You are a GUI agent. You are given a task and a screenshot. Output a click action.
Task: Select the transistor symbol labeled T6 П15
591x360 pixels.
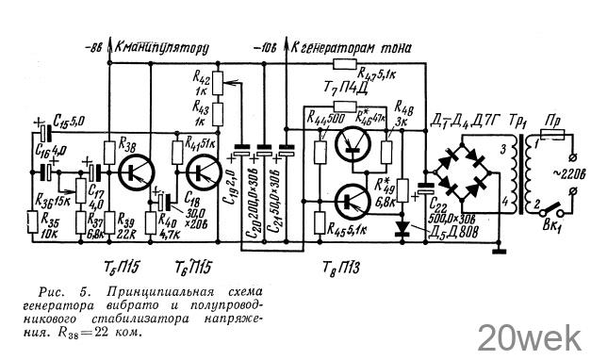tap(202, 172)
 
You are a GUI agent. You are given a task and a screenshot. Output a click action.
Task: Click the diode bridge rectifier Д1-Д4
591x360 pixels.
tap(471, 173)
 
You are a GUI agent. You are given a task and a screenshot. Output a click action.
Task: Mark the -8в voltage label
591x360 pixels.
tap(92, 45)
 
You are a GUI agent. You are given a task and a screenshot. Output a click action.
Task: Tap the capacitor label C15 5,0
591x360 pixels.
tap(71, 122)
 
